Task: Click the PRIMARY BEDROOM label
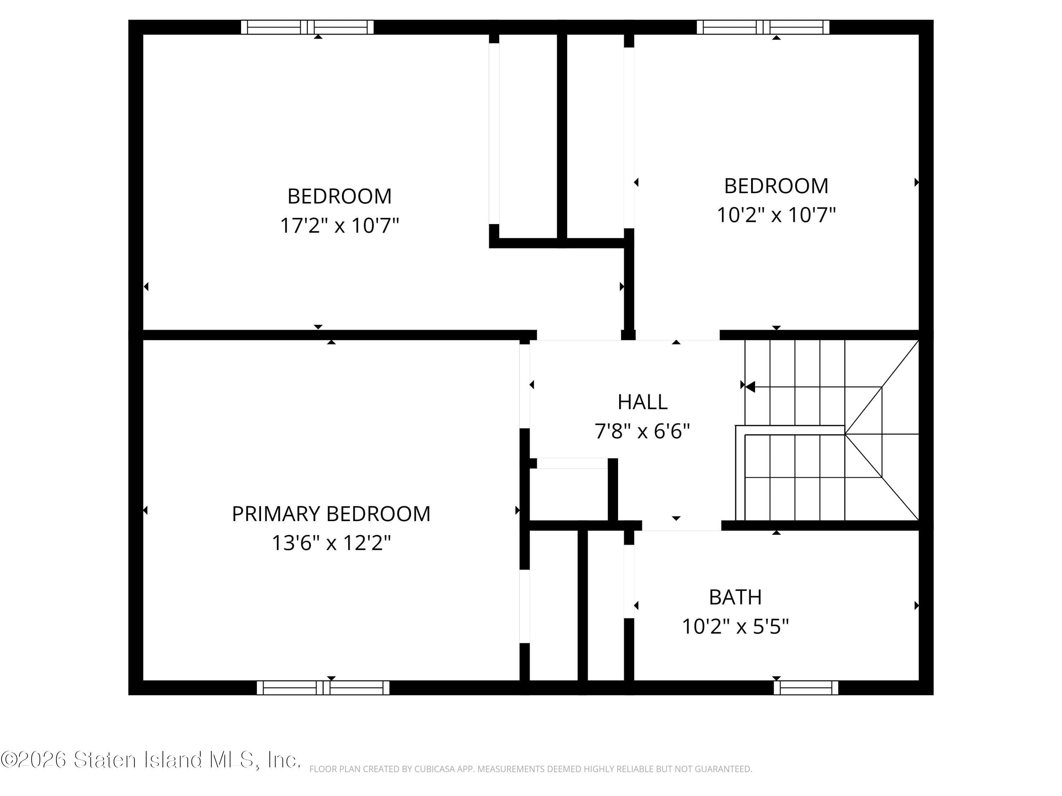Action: [331, 514]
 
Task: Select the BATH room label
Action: [735, 598]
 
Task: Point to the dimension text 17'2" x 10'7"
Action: [339, 225]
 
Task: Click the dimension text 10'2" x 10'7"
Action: [776, 215]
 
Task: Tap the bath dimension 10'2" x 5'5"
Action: [735, 627]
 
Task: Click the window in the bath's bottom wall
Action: [806, 687]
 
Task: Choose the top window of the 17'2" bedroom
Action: [307, 27]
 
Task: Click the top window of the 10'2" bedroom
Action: [763, 27]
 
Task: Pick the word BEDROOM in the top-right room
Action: [776, 186]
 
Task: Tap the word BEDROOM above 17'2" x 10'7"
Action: [339, 196]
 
